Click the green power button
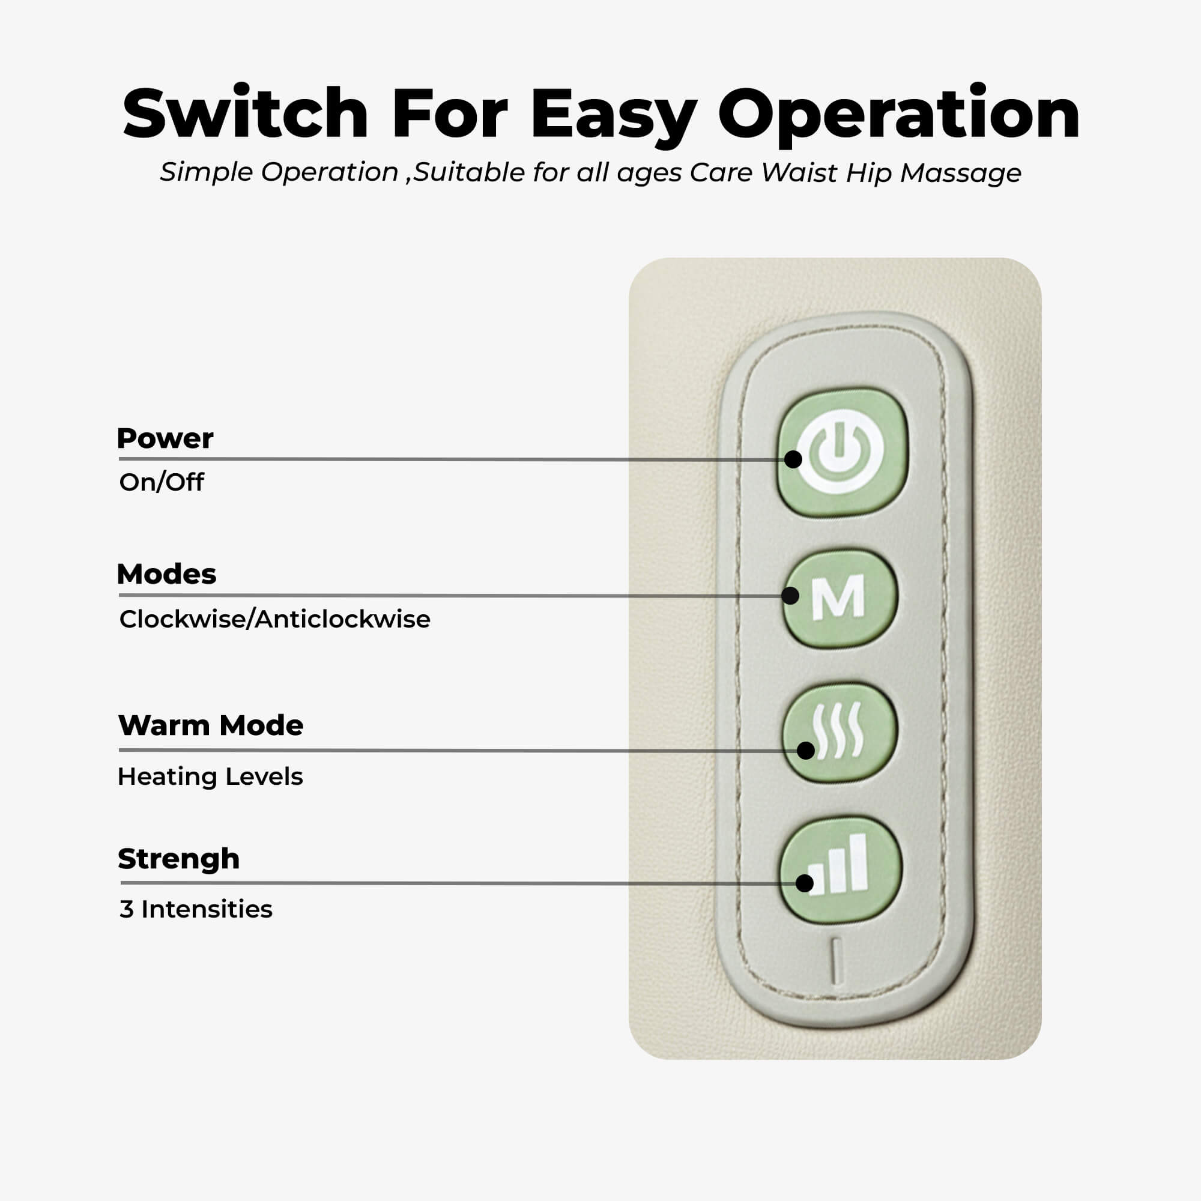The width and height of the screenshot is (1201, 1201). [843, 452]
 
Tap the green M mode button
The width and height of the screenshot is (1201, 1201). [840, 598]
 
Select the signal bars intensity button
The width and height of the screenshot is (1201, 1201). [841, 870]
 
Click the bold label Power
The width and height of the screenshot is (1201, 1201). [165, 438]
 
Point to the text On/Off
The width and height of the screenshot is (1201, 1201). [161, 482]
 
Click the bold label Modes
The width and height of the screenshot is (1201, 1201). [166, 573]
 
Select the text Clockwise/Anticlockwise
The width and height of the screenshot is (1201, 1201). [274, 619]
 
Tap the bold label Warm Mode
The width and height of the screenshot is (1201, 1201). [210, 725]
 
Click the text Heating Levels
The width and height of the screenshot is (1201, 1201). [210, 776]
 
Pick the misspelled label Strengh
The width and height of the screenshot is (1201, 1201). [178, 859]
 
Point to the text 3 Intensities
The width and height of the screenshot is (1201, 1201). [196, 909]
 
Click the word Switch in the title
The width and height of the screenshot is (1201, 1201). [246, 113]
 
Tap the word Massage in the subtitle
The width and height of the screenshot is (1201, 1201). [960, 173]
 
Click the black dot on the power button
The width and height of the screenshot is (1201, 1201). [793, 459]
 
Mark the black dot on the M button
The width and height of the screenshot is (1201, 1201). [790, 596]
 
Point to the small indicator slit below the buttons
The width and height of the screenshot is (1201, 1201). [836, 961]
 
